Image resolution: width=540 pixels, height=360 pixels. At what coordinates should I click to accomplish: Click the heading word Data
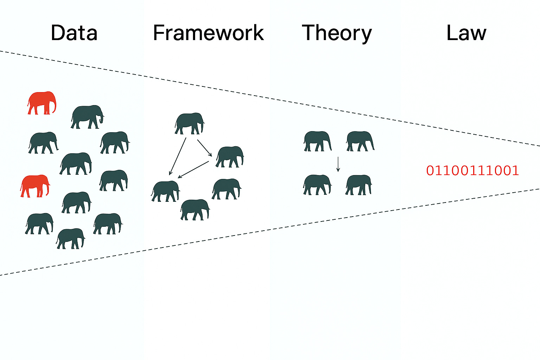74,33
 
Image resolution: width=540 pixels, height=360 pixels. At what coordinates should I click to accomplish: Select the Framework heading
208,33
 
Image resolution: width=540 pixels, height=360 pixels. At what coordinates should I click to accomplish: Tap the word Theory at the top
336,33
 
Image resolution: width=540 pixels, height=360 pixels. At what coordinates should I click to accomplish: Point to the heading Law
466,33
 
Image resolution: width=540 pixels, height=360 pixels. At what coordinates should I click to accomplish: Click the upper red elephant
41,103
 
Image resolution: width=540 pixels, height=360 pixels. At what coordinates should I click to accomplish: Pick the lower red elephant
34,186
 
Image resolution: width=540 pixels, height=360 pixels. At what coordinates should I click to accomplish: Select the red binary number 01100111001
472,171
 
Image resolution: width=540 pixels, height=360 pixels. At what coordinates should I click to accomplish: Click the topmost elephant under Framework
189,123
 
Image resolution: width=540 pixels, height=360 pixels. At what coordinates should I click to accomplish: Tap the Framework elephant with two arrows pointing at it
165,191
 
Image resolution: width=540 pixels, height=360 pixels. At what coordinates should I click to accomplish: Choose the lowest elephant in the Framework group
195,210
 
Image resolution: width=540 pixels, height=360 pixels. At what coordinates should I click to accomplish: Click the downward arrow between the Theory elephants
338,164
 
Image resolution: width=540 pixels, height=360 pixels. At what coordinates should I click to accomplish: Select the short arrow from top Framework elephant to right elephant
204,148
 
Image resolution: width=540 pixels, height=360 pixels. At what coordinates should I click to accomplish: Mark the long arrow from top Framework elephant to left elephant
178,156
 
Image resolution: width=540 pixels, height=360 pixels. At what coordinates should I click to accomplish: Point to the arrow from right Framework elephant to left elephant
193,169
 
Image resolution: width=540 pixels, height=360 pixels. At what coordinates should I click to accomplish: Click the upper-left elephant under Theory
317,141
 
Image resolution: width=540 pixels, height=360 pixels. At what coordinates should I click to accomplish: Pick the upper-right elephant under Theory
360,141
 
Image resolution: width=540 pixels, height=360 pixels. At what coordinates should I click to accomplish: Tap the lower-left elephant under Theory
317,185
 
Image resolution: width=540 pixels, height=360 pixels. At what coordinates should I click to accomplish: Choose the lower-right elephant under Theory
359,185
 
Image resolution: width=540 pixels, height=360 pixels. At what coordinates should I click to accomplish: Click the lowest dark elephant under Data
70,239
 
